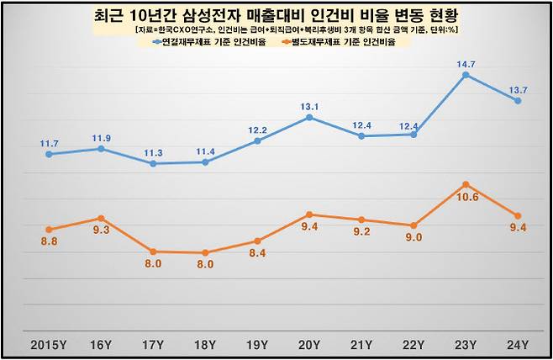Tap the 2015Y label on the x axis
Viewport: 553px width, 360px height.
coord(50,344)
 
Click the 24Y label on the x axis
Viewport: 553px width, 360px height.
coord(518,344)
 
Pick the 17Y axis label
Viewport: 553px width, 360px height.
coord(153,344)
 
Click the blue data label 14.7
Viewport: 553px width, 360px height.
coord(466,63)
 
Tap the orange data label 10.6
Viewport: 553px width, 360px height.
coord(466,198)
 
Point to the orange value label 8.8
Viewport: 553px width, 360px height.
coord(50,242)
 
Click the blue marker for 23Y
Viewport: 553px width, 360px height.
coord(466,75)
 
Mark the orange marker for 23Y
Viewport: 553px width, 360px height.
coord(466,184)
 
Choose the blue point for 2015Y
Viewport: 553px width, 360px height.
coord(50,155)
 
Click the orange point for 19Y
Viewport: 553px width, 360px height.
coord(257,241)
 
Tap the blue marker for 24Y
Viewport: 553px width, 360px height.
coord(518,101)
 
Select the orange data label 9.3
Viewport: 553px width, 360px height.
coord(102,230)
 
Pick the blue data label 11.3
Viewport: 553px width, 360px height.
coord(153,152)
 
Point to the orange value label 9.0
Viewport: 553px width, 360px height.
coord(413,238)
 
